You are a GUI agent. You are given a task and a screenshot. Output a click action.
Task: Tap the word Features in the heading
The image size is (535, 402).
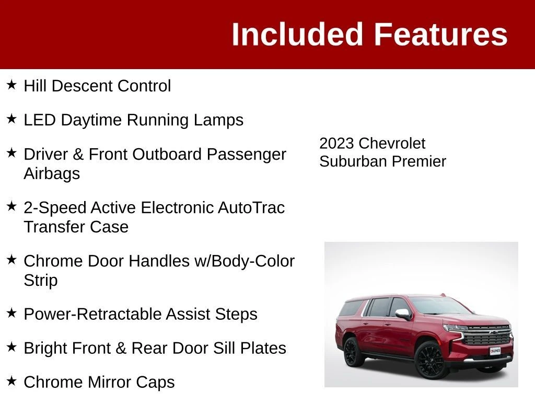tap(441, 34)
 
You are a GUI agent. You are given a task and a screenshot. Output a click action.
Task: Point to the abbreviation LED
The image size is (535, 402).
tap(39, 120)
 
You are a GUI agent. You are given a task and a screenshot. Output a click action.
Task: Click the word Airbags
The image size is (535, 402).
tap(52, 173)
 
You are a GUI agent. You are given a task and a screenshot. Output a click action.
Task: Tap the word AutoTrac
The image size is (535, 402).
tap(251, 207)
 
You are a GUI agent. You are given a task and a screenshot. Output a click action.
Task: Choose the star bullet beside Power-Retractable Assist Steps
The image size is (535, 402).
tap(11, 313)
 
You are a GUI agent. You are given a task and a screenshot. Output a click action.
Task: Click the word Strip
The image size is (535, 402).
tap(41, 281)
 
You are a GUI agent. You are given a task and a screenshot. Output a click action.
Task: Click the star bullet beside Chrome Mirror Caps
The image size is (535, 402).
tap(11, 381)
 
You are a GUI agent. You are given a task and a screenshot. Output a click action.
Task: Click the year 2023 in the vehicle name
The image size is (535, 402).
tap(336, 143)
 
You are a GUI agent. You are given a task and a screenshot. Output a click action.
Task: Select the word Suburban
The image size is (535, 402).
tap(353, 161)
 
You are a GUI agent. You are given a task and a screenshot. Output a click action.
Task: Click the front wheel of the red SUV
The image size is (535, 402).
tap(431, 360)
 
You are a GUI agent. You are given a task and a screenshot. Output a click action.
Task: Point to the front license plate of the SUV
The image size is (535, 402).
tap(495, 351)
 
